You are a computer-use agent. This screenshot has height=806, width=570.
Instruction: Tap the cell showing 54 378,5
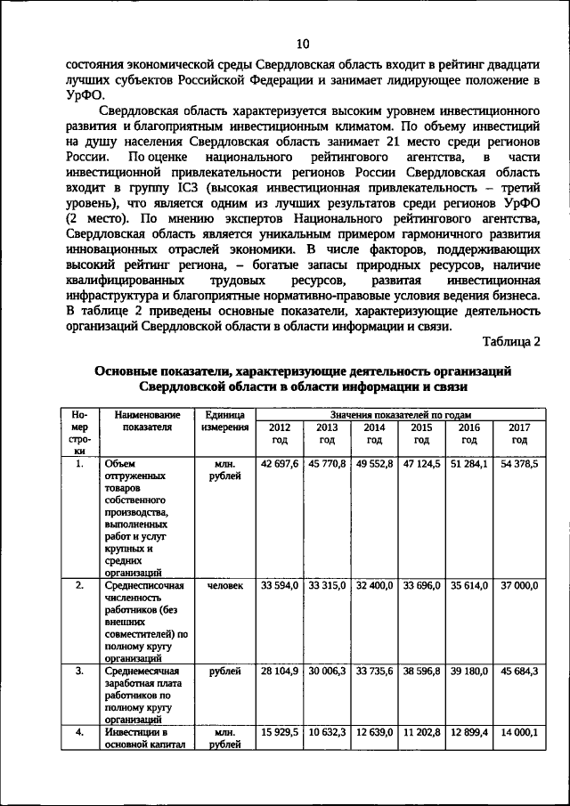point(519,464)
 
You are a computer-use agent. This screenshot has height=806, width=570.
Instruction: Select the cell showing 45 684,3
point(519,672)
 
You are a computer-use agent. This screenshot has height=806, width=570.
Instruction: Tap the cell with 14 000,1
point(519,731)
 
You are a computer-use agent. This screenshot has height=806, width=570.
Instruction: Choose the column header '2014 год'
point(374,434)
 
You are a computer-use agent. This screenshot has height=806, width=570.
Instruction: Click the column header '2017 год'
point(519,434)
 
